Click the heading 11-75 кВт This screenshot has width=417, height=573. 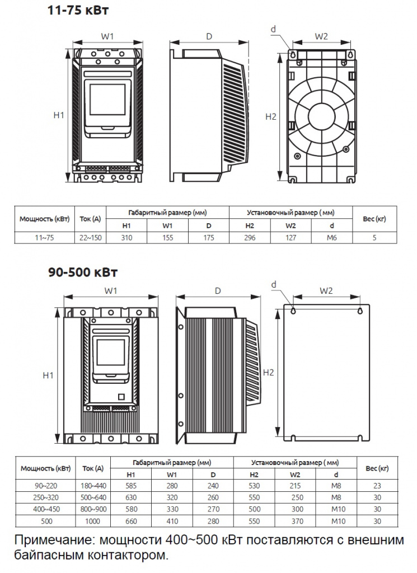click(x=78, y=10)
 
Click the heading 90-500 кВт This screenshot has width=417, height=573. click(x=83, y=273)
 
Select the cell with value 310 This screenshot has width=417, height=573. click(x=126, y=237)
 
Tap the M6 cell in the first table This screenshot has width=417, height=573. click(x=332, y=237)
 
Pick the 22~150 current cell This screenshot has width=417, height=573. click(x=91, y=237)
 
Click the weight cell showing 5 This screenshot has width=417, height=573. click(x=374, y=237)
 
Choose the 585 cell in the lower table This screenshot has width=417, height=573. click(x=131, y=486)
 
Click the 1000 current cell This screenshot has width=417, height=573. click(x=93, y=521)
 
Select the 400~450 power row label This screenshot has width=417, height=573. click(x=46, y=509)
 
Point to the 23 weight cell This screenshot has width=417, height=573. click(x=377, y=486)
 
